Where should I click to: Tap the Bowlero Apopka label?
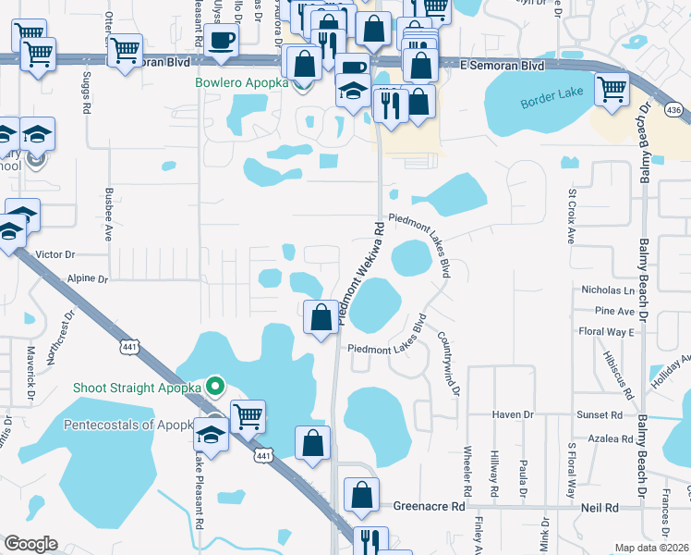pos(241,82)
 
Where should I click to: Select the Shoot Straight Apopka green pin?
pos(215,386)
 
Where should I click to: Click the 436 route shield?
pos(674,110)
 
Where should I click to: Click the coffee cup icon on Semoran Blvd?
pos(222,42)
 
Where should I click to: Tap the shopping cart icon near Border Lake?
pos(612,91)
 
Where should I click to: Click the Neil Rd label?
pos(600,508)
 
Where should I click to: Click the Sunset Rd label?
pos(600,415)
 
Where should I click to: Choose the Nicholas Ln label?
pos(606,290)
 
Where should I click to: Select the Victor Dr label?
pos(55,253)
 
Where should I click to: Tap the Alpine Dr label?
pos(88,277)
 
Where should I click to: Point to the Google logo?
pos(30,544)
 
